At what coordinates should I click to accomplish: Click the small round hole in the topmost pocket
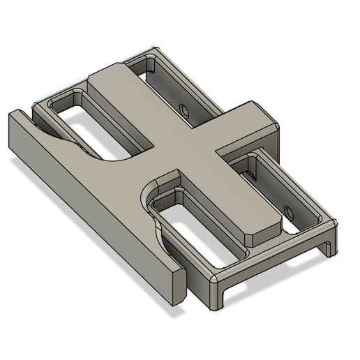(183, 110)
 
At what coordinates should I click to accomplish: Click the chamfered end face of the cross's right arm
(268, 129)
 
